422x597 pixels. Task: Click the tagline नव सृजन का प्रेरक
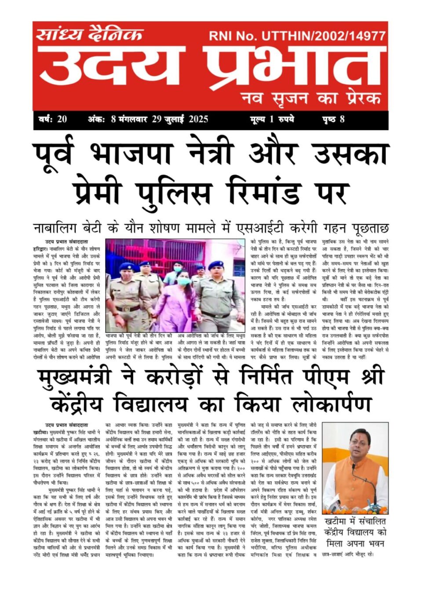(x=310, y=98)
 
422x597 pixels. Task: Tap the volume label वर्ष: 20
(x=52, y=119)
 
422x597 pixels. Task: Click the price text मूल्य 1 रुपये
(x=272, y=119)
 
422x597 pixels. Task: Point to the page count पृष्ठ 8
(x=333, y=119)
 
